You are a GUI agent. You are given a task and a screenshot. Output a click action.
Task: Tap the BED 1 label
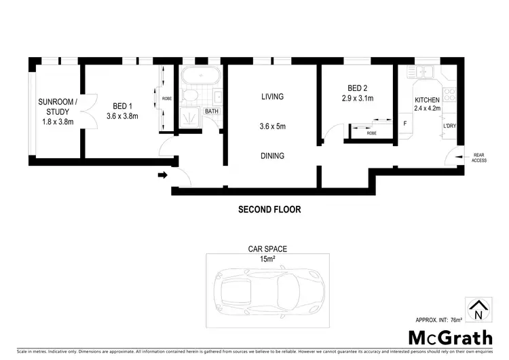[122, 106]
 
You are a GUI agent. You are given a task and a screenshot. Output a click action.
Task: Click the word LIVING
[272, 97]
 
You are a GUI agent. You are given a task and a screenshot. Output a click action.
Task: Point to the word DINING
[272, 156]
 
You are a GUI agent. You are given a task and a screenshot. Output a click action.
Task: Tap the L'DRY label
[449, 126]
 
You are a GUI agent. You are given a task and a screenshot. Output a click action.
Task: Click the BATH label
[212, 111]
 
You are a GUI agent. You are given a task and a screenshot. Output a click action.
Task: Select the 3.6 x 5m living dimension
[272, 126]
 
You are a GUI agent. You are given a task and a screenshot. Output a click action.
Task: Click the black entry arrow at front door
[162, 176]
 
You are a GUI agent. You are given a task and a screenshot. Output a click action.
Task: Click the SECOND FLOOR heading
[269, 210]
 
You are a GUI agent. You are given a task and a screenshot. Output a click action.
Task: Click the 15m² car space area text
[268, 258]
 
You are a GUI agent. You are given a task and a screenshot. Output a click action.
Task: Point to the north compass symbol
[478, 310]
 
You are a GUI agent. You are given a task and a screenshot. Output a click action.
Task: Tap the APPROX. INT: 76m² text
[439, 319]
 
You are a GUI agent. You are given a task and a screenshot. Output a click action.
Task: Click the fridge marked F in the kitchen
[405, 124]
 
